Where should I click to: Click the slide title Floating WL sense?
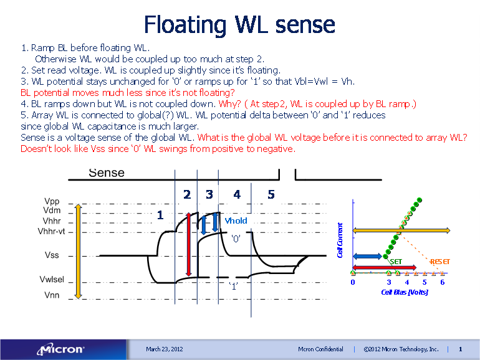click(239, 25)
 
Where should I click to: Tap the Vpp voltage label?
click(52, 202)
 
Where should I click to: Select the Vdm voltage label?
click(52, 211)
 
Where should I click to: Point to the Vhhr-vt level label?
click(55, 231)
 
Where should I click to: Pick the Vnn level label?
click(52, 295)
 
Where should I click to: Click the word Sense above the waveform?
click(106, 173)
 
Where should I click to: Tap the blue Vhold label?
click(236, 220)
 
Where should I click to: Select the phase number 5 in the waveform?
click(271, 195)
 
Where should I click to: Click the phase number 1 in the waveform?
click(160, 215)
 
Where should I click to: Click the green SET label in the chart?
click(396, 262)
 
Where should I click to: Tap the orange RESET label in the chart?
click(440, 262)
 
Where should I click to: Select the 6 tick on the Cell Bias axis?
click(442, 282)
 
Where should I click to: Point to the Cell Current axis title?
click(340, 240)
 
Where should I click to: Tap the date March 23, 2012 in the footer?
click(165, 349)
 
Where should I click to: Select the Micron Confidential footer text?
click(320, 349)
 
